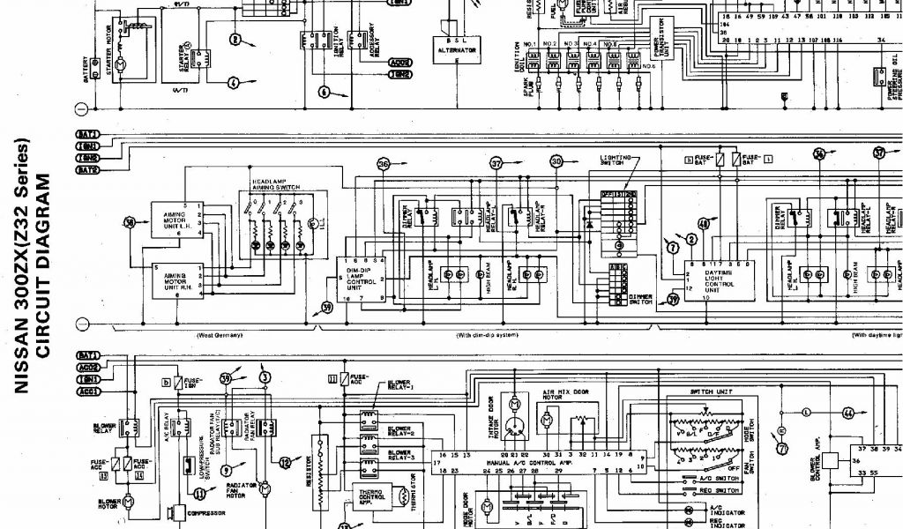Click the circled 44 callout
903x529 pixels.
point(848,412)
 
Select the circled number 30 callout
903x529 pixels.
point(556,162)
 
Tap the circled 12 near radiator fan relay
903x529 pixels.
point(284,462)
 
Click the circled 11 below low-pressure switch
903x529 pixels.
point(199,495)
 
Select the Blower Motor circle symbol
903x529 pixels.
point(128,500)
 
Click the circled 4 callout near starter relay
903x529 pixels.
point(234,83)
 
